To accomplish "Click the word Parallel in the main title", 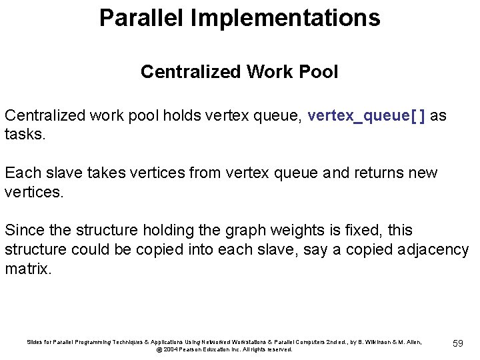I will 141,18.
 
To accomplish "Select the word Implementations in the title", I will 285,18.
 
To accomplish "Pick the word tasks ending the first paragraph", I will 24,134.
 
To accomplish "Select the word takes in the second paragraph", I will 95,173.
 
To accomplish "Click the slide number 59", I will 457,343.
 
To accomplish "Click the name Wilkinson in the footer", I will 369,342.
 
